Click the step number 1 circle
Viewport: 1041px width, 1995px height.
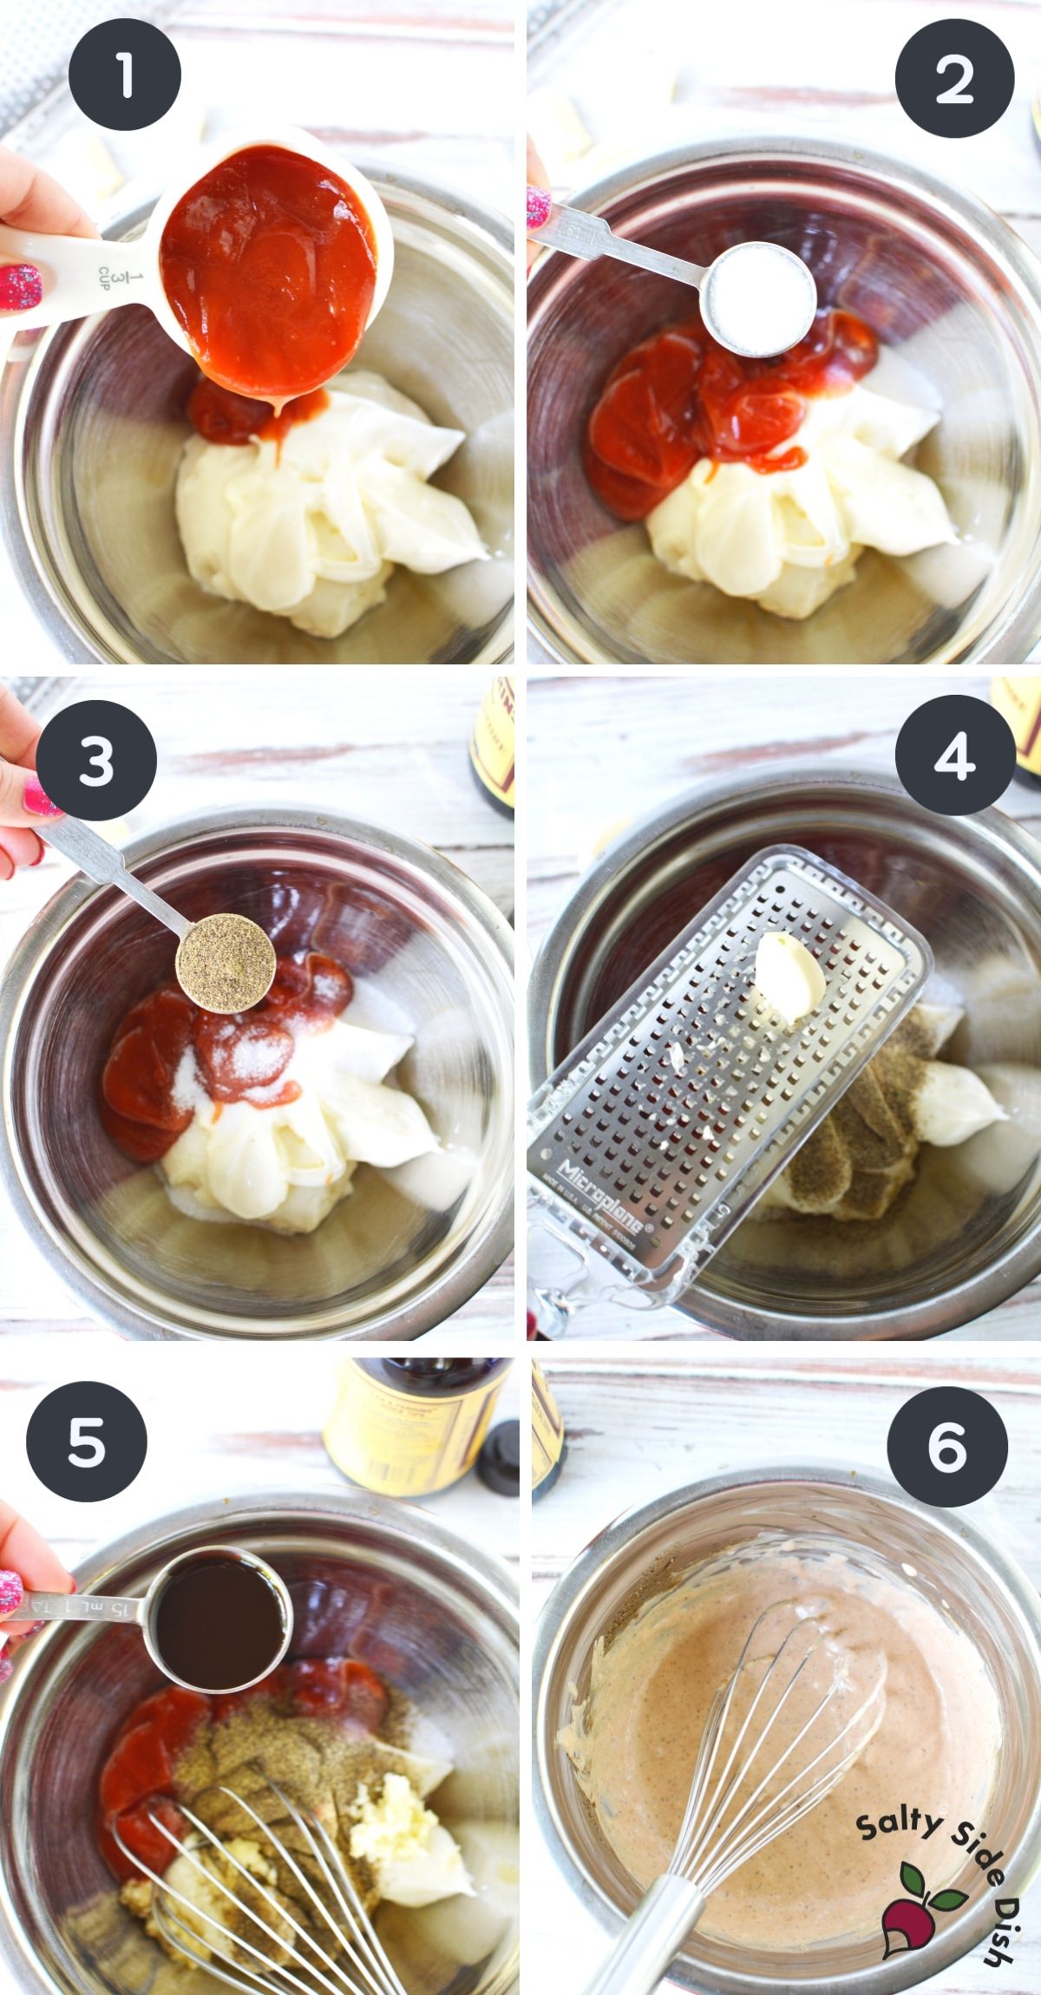(124, 75)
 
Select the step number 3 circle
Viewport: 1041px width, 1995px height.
(96, 761)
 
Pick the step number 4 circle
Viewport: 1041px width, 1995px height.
(954, 755)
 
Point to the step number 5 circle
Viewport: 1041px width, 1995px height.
(86, 1442)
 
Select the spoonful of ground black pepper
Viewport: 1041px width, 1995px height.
(226, 962)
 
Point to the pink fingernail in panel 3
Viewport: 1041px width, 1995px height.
(39, 799)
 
